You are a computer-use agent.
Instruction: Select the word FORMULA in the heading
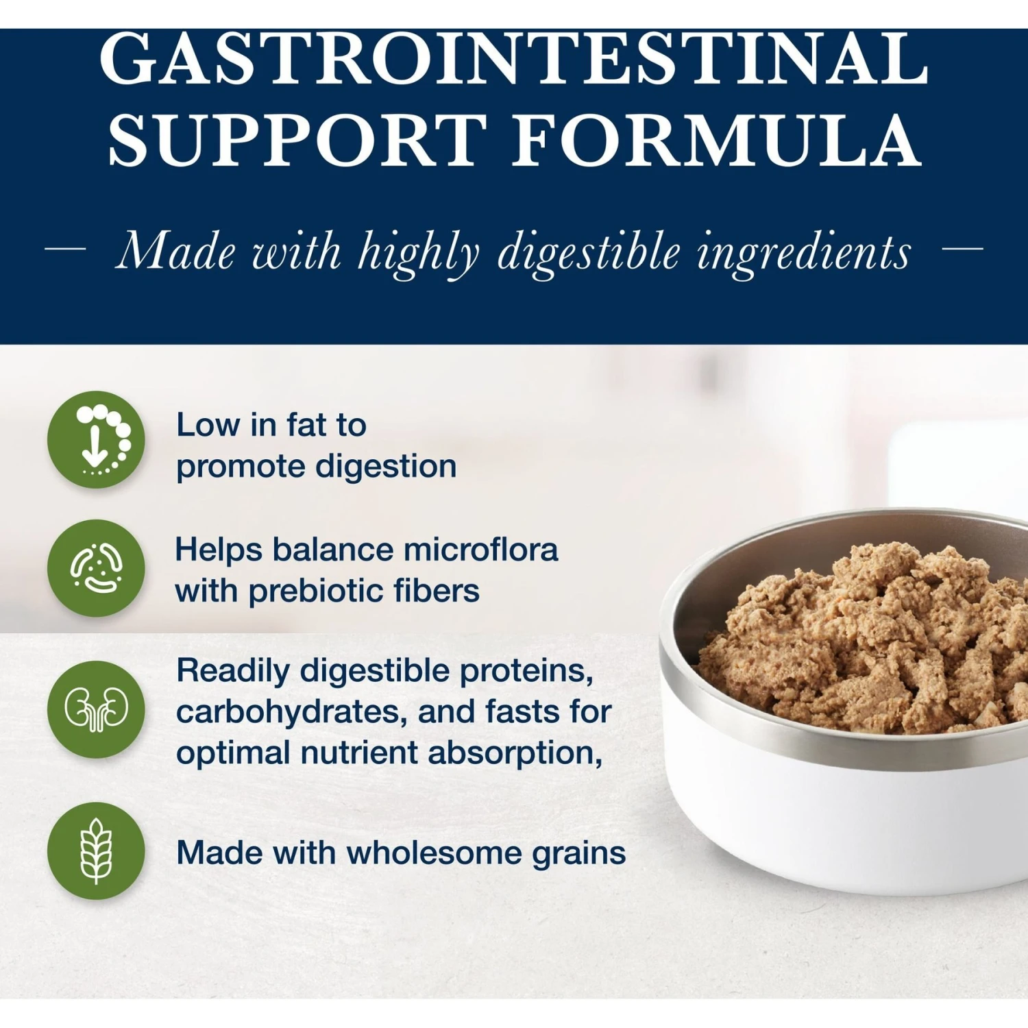coord(718,140)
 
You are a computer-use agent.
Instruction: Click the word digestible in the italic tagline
coord(589,252)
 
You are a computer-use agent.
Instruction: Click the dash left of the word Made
coord(65,249)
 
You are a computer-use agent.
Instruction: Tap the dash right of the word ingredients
coord(963,249)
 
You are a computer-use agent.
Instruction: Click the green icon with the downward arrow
coord(96,439)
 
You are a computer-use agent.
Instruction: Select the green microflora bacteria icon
coord(96,568)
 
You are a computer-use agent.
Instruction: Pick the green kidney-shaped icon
coord(96,709)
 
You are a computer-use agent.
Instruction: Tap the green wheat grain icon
coord(96,851)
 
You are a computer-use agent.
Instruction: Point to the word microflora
coord(480,550)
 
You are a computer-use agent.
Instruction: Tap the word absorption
coord(515,753)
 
